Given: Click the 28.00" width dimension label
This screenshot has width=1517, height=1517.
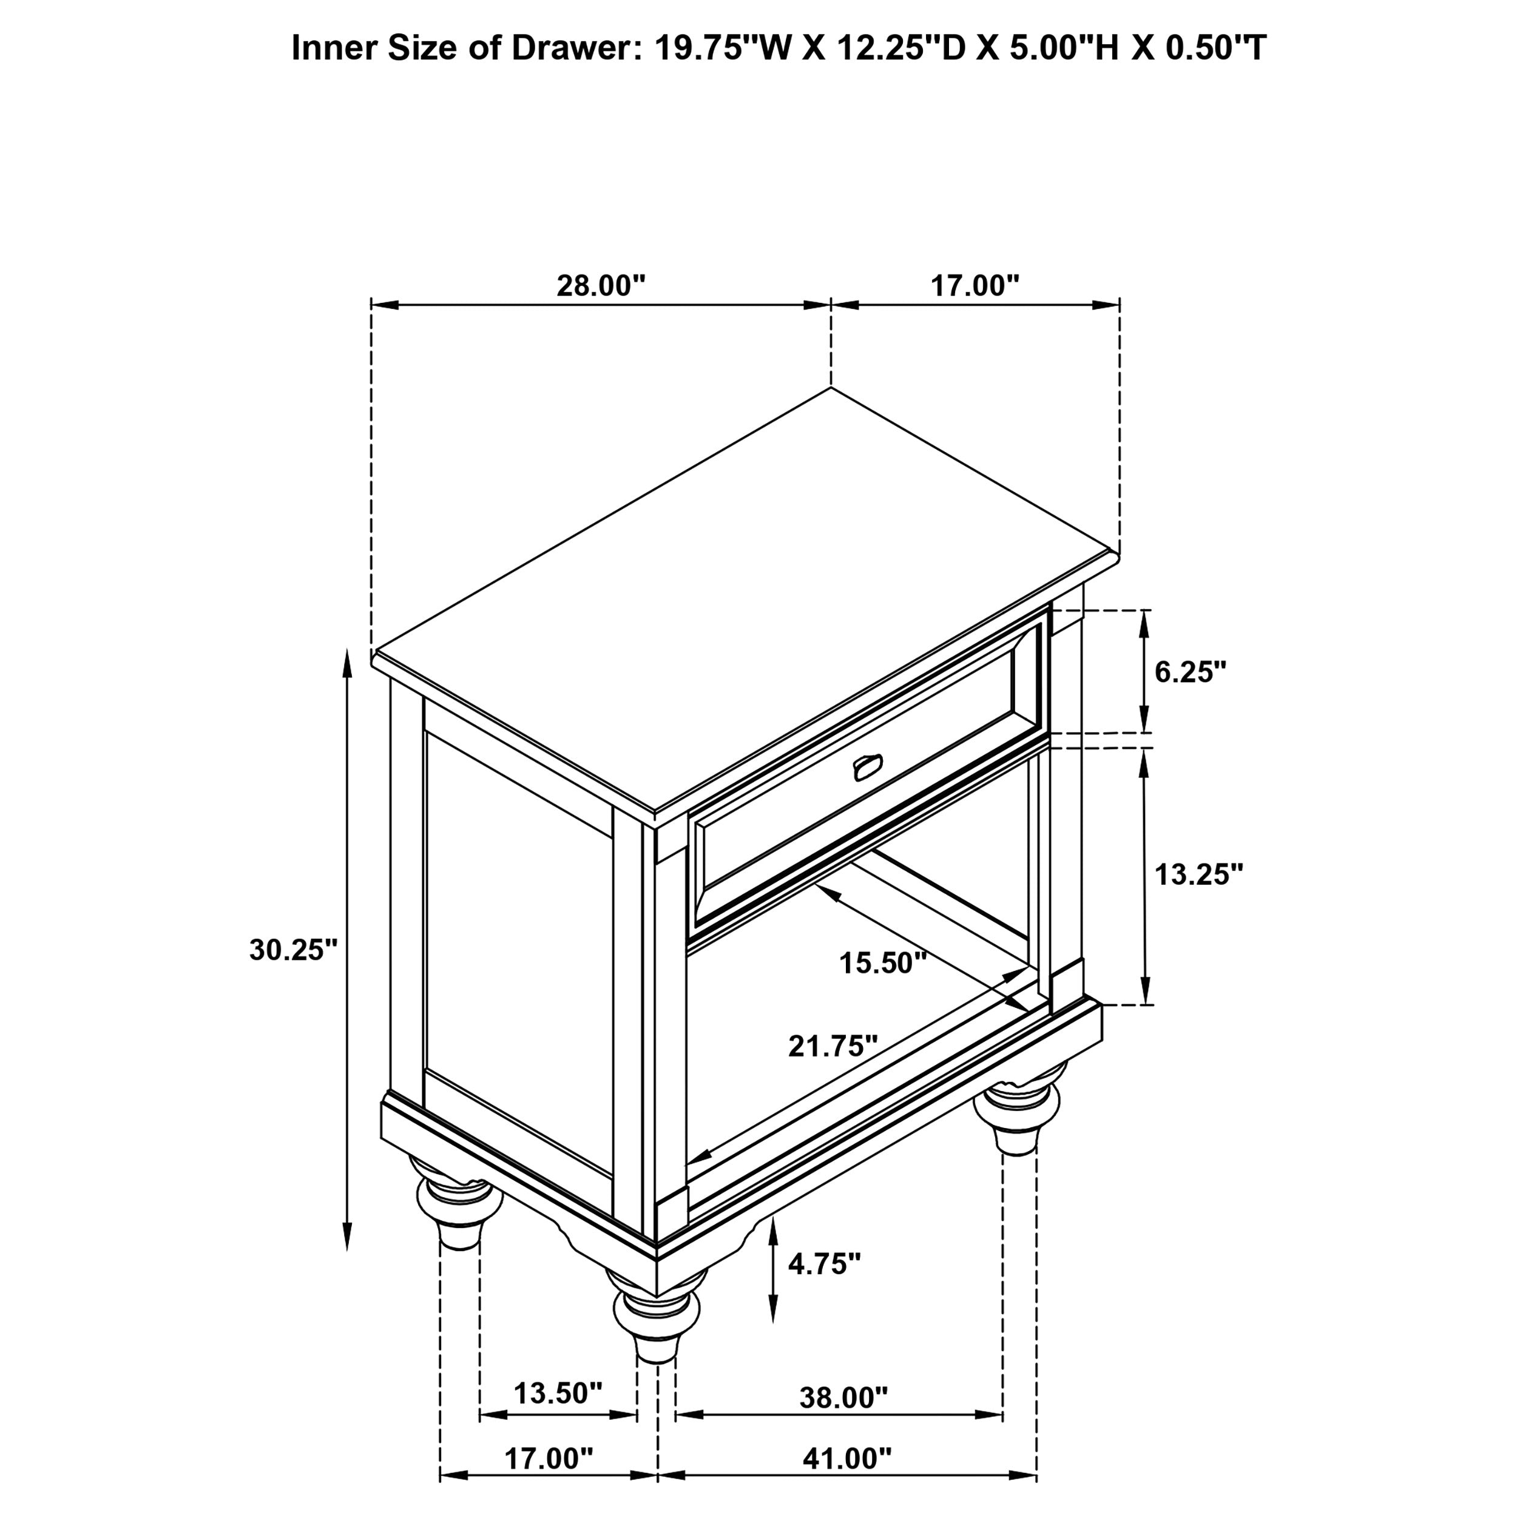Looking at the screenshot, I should pos(601,286).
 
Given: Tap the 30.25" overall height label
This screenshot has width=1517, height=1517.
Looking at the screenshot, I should pos(293,950).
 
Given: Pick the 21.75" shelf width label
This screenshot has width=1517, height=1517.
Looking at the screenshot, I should pos(833,1046).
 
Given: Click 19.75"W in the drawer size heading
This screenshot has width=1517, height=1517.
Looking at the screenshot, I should pos(720,48).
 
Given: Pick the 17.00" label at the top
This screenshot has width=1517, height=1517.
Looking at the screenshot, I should pos(975,286).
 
